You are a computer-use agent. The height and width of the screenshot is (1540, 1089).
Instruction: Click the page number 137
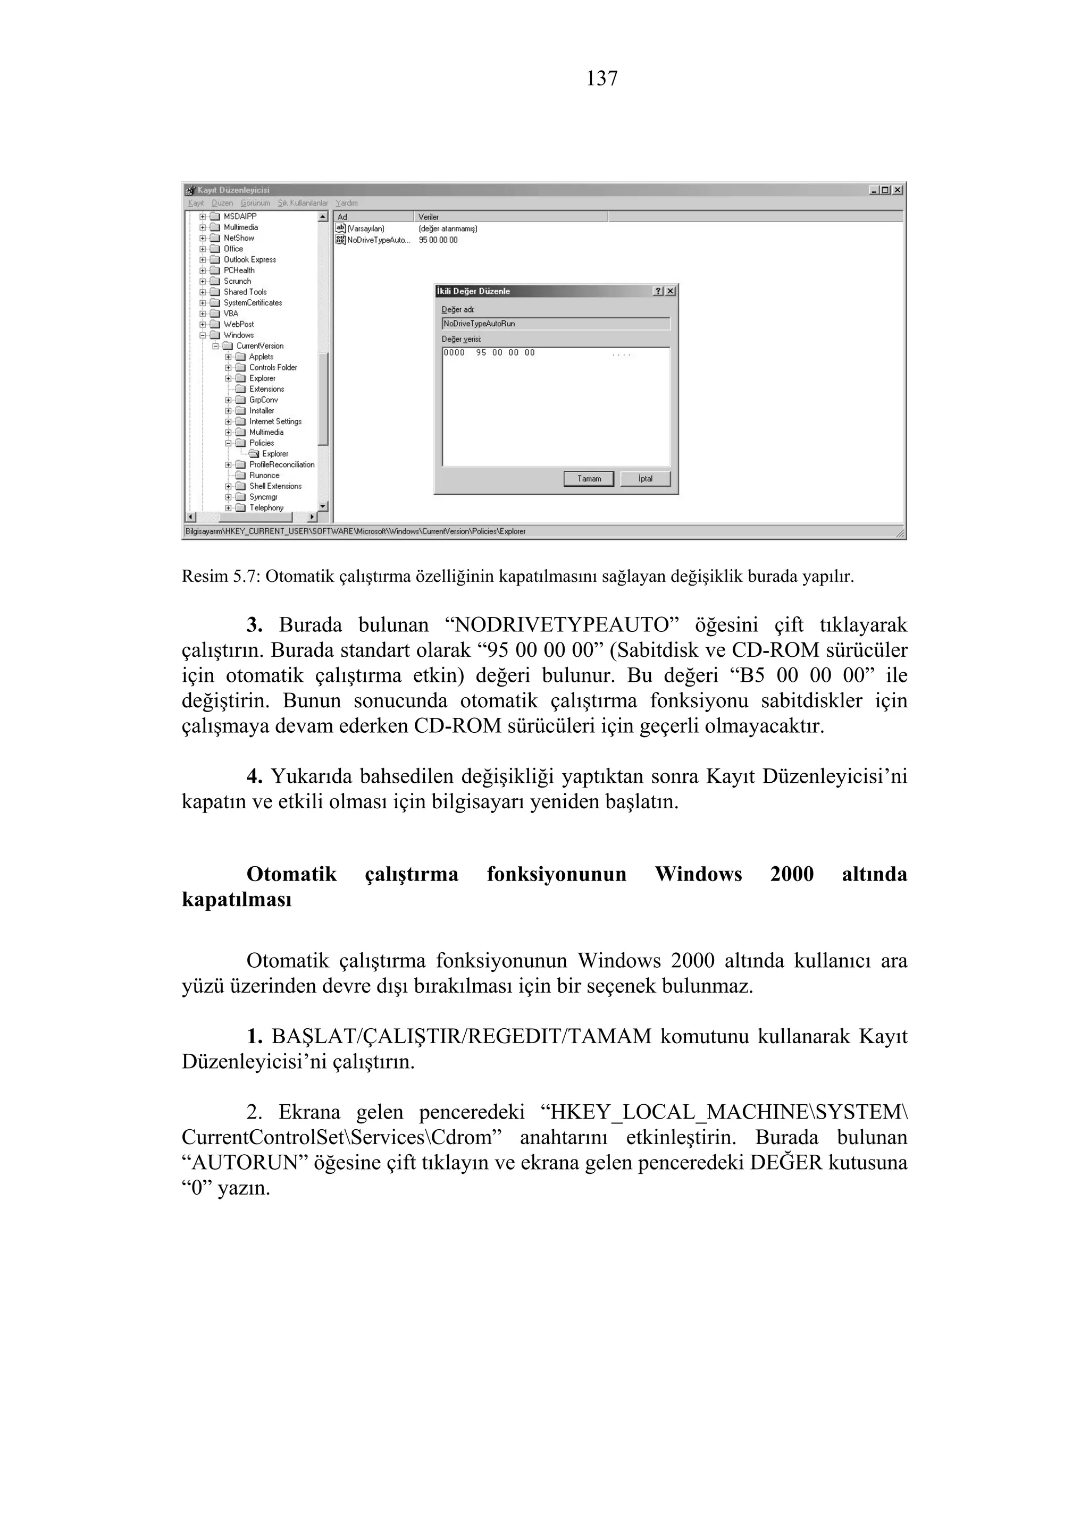[x=601, y=79]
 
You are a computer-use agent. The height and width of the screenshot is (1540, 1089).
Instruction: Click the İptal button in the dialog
[x=645, y=478]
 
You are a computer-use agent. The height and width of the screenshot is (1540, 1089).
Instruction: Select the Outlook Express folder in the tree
[x=249, y=259]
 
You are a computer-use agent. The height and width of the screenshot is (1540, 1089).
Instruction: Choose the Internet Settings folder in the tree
[x=275, y=421]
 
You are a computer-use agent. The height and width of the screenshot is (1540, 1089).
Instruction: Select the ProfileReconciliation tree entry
[x=281, y=464]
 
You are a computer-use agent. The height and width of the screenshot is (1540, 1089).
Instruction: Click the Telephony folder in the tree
[x=266, y=507]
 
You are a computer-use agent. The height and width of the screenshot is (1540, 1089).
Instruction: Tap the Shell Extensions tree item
[x=275, y=486]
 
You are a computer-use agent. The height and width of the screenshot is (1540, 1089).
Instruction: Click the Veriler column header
[x=428, y=217]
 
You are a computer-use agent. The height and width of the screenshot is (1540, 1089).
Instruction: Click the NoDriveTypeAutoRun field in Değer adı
[x=556, y=323]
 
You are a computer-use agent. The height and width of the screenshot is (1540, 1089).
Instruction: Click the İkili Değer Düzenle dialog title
[x=473, y=291]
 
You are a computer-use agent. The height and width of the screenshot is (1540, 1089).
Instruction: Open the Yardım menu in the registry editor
[x=346, y=202]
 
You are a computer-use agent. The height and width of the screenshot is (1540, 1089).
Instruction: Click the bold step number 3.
[x=254, y=625]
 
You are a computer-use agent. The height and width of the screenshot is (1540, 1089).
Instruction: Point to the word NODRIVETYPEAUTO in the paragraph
[x=562, y=625]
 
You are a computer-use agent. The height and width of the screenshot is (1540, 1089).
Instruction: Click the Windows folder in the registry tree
[x=238, y=335]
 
